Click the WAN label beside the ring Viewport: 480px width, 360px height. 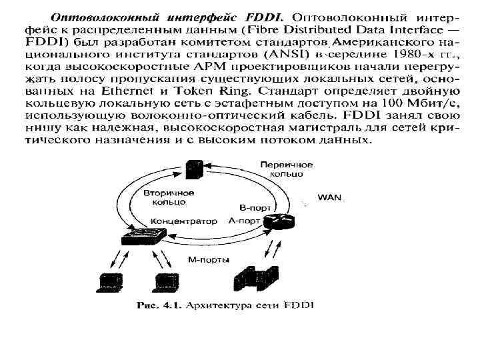(329, 197)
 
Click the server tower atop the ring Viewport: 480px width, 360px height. (195, 169)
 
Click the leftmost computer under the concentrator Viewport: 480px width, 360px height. (108, 282)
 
